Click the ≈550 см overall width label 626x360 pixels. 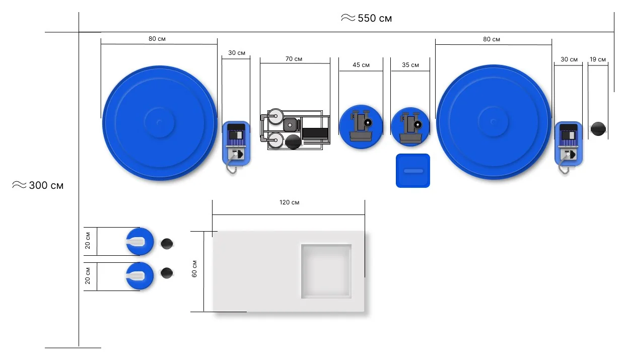(366, 18)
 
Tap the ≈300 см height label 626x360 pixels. (38, 185)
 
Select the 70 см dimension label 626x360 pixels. (294, 59)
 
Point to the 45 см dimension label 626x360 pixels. (361, 65)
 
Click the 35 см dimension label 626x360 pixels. (410, 65)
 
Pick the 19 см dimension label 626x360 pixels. (597, 59)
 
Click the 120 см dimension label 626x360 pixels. (289, 202)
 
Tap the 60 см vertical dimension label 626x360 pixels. (194, 269)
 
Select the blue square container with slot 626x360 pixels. (413, 171)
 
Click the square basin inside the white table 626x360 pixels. (326, 271)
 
